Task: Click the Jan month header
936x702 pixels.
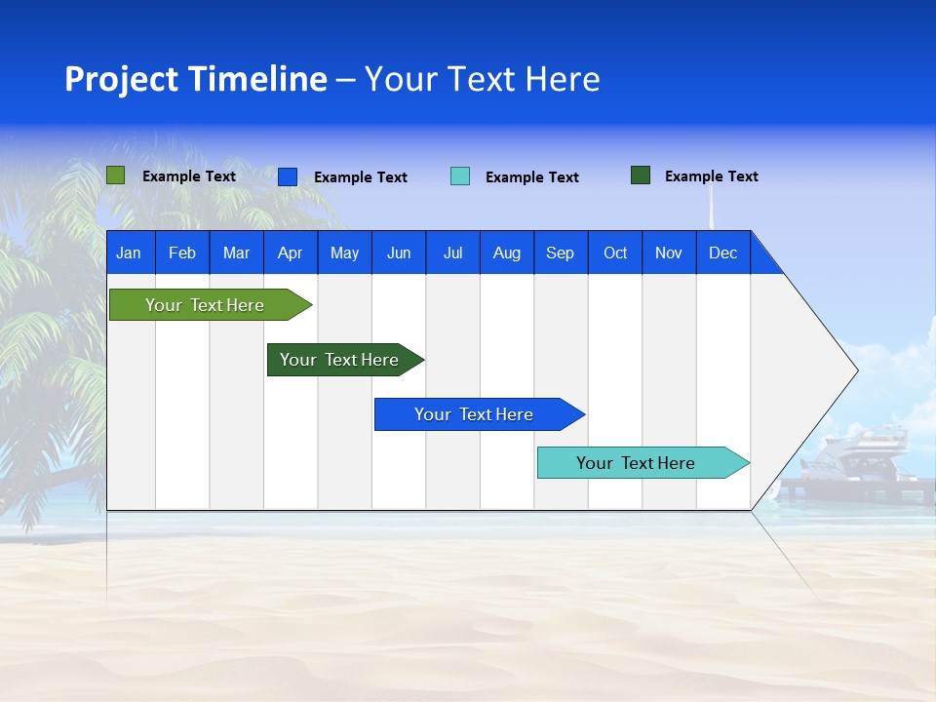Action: point(130,253)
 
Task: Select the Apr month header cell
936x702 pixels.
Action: point(291,253)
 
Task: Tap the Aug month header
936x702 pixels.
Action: point(506,253)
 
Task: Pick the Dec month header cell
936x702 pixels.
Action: point(722,253)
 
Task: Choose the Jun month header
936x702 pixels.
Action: point(399,253)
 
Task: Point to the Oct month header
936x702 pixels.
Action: point(614,253)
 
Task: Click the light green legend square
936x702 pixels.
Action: point(116,175)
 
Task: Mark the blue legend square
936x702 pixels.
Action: point(288,176)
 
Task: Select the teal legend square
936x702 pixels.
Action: point(460,176)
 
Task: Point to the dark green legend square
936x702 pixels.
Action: point(641,175)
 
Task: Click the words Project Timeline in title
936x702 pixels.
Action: point(196,79)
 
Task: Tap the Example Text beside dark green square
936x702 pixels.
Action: point(711,176)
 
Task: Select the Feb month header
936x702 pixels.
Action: point(182,253)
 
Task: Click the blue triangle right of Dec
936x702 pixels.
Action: point(764,258)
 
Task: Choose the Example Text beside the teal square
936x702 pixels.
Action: point(531,177)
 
